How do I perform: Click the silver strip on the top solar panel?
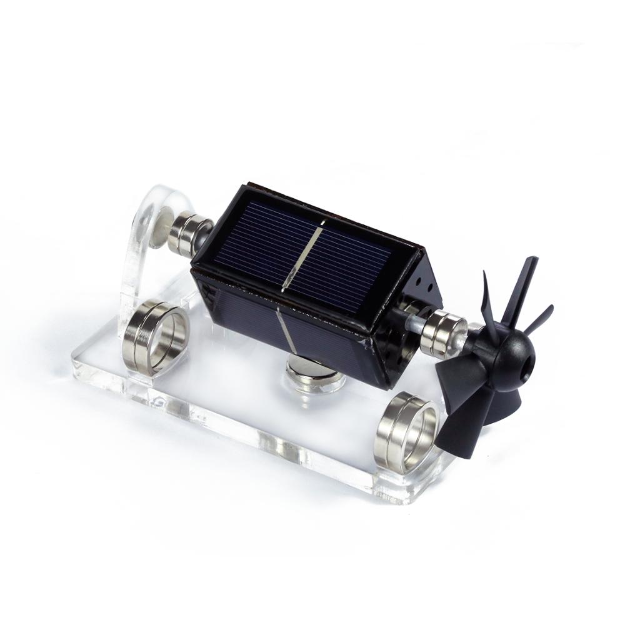pos(302,256)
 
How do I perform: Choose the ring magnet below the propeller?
pos(406,431)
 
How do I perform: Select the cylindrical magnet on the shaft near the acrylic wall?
pos(189,234)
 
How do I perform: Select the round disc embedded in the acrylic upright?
pos(162,228)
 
